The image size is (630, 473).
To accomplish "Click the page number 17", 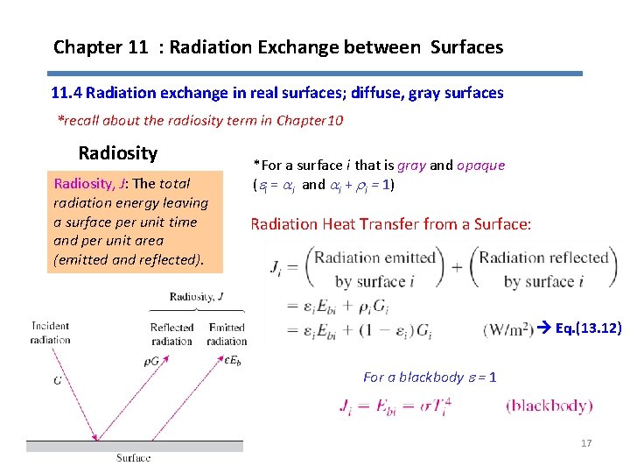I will tap(586, 443).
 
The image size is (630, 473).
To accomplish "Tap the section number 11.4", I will tap(66, 92).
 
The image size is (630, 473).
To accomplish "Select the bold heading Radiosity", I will tap(118, 153).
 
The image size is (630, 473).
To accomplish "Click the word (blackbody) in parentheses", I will tap(549, 406).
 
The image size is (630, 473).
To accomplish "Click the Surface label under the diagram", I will tap(134, 457).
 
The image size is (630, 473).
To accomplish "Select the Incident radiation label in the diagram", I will tap(50, 333).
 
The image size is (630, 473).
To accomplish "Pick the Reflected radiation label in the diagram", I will tap(171, 334).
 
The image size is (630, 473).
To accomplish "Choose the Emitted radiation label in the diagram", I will tap(227, 334).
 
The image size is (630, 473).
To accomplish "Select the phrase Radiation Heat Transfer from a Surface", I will tap(390, 224).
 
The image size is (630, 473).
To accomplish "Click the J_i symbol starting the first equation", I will tap(281, 265).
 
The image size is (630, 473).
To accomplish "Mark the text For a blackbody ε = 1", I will tap(430, 377).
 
